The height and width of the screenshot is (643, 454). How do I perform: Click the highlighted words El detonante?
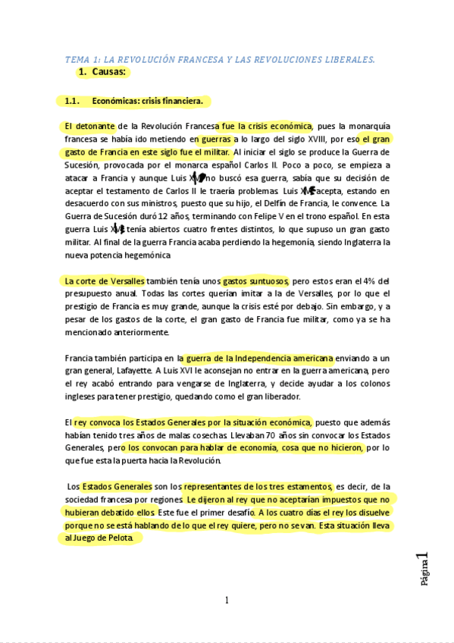(89, 126)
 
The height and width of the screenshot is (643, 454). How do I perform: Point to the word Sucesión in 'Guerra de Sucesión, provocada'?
(82, 165)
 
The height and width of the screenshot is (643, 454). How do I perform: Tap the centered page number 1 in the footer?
(227, 601)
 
